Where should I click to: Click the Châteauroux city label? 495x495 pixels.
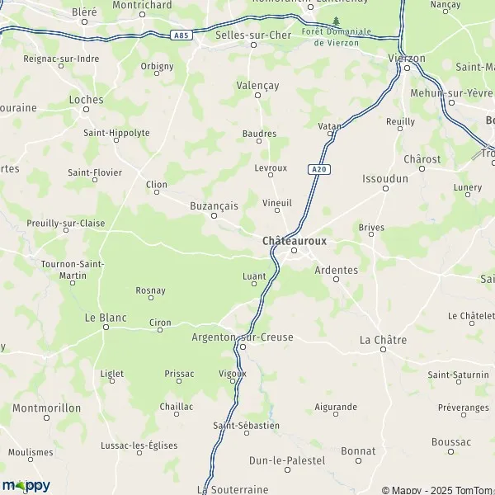pyautogui.click(x=294, y=240)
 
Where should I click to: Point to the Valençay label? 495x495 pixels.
pyautogui.click(x=257, y=84)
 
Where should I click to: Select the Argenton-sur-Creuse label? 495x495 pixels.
pyautogui.click(x=243, y=336)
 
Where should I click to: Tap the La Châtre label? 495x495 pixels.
pyautogui.click(x=384, y=339)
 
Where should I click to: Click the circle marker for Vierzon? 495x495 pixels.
pyautogui.click(x=407, y=68)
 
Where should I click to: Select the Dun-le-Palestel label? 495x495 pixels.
pyautogui.click(x=287, y=460)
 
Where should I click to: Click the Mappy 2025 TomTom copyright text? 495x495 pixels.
pyautogui.click(x=441, y=488)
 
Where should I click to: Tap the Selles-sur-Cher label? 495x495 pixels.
pyautogui.click(x=253, y=35)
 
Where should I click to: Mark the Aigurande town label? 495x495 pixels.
pyautogui.click(x=336, y=408)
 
